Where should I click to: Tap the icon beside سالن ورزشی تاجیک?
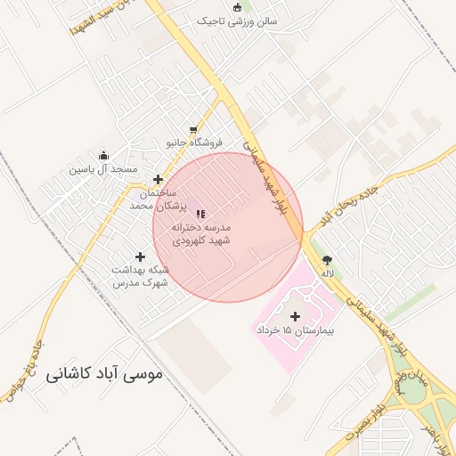(237, 8)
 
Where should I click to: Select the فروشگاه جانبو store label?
(194, 142)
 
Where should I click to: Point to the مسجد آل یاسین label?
(103, 168)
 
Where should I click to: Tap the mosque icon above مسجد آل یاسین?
(103, 156)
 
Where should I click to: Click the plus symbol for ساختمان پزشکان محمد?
(159, 179)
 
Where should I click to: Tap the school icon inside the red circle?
(200, 214)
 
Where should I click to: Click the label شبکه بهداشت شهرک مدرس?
(140, 275)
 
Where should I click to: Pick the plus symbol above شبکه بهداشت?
(140, 256)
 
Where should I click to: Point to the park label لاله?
(328, 274)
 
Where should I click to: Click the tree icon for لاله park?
(328, 261)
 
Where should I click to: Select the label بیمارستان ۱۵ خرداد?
(295, 330)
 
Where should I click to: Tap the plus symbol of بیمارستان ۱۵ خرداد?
(295, 315)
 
